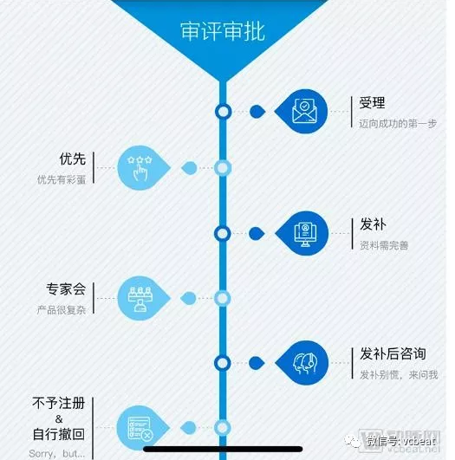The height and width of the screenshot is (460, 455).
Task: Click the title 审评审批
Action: pyautogui.click(x=223, y=31)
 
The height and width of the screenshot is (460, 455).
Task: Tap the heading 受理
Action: pyautogui.click(x=372, y=103)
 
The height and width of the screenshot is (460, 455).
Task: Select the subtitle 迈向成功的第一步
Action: pyautogui.click(x=398, y=124)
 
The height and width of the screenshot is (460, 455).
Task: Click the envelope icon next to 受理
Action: pyautogui.click(x=305, y=111)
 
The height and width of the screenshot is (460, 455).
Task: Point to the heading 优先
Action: pyautogui.click(x=73, y=159)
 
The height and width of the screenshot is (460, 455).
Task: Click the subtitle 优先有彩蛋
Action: pyautogui.click(x=62, y=179)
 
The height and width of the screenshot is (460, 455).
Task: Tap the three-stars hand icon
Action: pyautogui.click(x=140, y=168)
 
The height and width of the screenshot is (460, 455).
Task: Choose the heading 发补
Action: pyautogui.click(x=373, y=224)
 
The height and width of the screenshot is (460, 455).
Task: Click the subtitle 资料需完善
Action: pyautogui.click(x=384, y=245)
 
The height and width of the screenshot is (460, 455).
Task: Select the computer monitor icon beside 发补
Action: pyautogui.click(x=305, y=234)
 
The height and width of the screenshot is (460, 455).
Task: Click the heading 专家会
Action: pyautogui.click(x=66, y=289)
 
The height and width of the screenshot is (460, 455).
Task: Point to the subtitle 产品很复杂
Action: pyautogui.click(x=62, y=310)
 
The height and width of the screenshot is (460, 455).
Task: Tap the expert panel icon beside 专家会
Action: pyautogui.click(x=140, y=298)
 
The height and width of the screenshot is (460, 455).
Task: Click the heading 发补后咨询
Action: pyautogui.click(x=393, y=353)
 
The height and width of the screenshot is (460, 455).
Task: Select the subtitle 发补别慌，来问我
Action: pyautogui.click(x=399, y=374)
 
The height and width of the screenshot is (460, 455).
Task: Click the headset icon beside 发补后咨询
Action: pyautogui.click(x=305, y=363)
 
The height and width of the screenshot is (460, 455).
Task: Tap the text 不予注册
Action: pyautogui.click(x=59, y=403)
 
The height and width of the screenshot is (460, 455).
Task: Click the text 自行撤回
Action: pyautogui.click(x=59, y=434)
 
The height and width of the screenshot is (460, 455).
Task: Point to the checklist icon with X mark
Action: pyautogui.click(x=140, y=429)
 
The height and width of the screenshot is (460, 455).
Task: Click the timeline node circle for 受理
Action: pyautogui.click(x=223, y=112)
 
